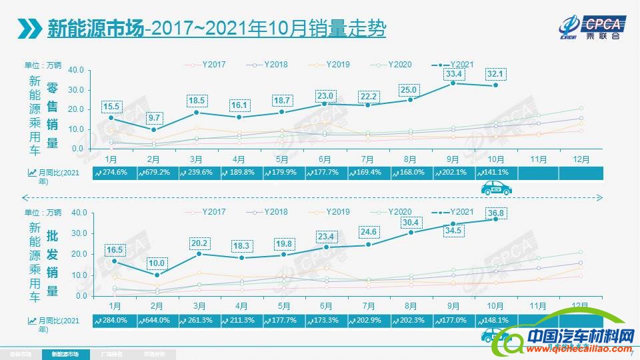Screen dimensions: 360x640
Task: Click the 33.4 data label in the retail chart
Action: (x=454, y=73)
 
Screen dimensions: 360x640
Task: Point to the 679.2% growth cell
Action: (x=159, y=172)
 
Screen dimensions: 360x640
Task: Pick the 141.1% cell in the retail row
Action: (x=496, y=172)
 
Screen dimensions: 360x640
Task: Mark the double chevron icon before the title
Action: (x=29, y=29)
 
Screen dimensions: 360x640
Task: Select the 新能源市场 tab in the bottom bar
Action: (x=65, y=354)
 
